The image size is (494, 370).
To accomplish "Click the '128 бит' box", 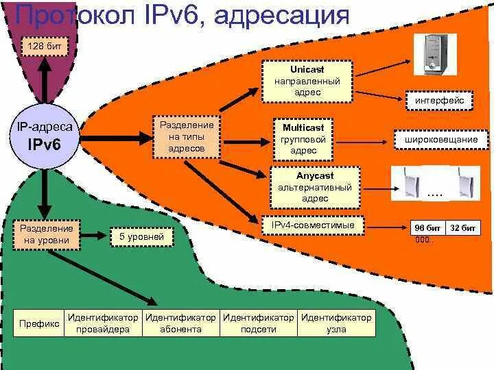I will click(x=43, y=47).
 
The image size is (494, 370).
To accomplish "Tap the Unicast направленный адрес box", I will click(x=307, y=81).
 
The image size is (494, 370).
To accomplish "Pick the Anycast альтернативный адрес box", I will click(x=315, y=187).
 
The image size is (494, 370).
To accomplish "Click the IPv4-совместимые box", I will click(x=313, y=225).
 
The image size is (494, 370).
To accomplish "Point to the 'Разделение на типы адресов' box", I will click(x=187, y=136).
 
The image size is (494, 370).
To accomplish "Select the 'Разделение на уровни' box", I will click(x=46, y=234).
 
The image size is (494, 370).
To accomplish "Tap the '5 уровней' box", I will click(x=141, y=237).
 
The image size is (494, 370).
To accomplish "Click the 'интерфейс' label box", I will click(x=439, y=101).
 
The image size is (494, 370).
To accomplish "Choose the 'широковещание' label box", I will click(x=436, y=140).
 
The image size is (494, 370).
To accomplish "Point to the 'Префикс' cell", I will click(x=39, y=323).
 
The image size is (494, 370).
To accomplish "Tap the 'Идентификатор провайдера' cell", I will click(x=103, y=323).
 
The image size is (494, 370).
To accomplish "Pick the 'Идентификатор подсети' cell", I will click(x=259, y=323).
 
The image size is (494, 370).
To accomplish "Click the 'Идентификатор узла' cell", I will click(x=336, y=323).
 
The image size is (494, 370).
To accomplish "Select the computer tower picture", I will click(x=434, y=54).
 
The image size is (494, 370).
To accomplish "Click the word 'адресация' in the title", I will click(x=281, y=15).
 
